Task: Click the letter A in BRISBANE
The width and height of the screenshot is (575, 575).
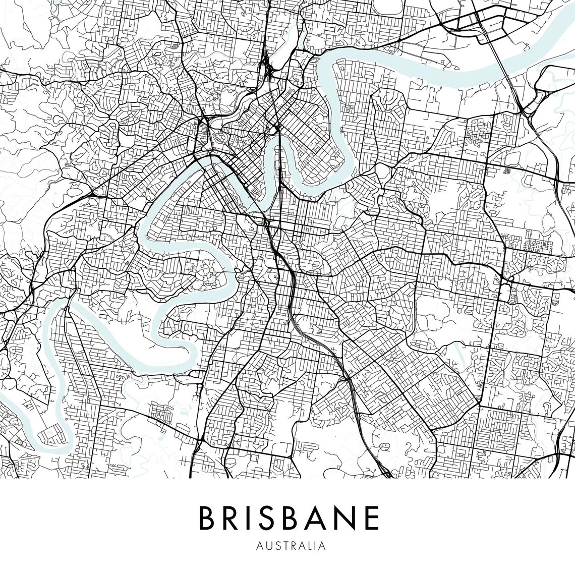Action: coord(321,517)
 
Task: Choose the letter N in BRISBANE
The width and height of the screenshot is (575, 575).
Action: coord(348,517)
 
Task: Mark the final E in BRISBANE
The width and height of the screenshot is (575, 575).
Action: coord(372,517)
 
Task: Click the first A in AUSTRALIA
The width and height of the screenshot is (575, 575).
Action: coord(260,546)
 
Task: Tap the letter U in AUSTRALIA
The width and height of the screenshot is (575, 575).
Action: coord(268,546)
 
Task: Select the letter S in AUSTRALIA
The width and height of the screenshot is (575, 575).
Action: coord(276,546)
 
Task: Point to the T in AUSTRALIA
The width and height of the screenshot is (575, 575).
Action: coord(283,546)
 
